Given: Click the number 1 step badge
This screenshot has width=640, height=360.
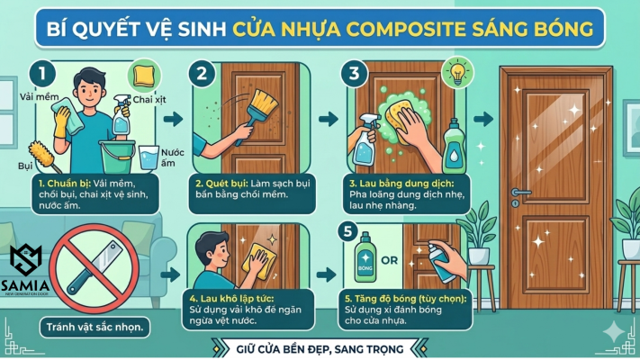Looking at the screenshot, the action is tap(42, 74).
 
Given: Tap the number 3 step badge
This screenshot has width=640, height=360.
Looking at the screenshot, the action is tap(354, 74).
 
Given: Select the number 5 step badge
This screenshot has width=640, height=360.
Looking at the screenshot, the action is tap(347, 231).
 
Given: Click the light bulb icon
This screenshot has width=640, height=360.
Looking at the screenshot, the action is tap(458, 72).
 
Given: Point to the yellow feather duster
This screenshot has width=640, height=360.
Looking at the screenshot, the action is tap(44, 157).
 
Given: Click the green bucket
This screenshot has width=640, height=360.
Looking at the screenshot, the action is tap(117, 157).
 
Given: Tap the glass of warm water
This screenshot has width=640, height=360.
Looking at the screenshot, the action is tap(149, 157).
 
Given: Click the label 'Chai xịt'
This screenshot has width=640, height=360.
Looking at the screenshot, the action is tap(149, 100).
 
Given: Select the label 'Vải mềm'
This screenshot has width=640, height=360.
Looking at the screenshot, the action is tap(40, 97).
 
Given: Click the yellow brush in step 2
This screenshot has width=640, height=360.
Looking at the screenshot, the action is tap(258, 115).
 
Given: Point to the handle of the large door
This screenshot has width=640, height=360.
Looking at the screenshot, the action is tap(519, 193).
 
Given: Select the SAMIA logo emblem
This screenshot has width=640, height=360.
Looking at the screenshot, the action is tap(25, 260).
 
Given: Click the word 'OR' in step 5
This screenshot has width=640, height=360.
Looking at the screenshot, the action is tap(389, 260).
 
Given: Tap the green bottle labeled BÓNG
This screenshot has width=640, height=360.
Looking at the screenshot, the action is tap(365, 257).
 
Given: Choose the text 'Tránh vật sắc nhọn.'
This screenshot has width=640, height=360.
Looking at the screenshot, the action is tap(95, 327).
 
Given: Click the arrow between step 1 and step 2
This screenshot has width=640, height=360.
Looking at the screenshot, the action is tap(174, 119).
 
